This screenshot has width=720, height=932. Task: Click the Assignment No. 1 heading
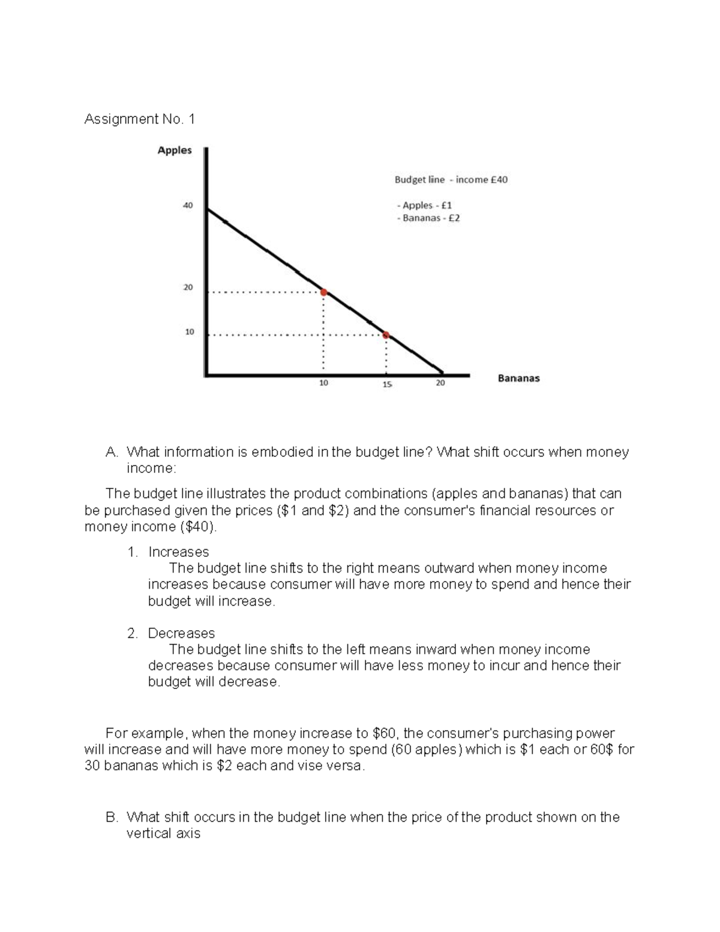pyautogui.click(x=139, y=119)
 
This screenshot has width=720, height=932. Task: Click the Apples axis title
pyautogui.click(x=175, y=151)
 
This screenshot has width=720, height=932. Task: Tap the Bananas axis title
pyautogui.click(x=518, y=379)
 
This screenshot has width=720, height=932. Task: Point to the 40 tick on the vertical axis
pyautogui.click(x=188, y=205)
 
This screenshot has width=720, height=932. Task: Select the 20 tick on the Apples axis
pyautogui.click(x=188, y=287)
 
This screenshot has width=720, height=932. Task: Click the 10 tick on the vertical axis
pyautogui.click(x=189, y=331)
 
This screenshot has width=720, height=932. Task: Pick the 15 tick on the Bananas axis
pyautogui.click(x=387, y=384)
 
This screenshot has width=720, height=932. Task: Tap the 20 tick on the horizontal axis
pyautogui.click(x=440, y=383)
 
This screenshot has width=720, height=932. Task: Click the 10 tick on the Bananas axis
pyautogui.click(x=323, y=383)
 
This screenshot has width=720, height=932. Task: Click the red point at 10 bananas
pyautogui.click(x=323, y=292)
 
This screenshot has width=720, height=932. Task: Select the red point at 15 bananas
pyautogui.click(x=386, y=335)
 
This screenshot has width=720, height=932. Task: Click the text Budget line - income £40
pyautogui.click(x=451, y=179)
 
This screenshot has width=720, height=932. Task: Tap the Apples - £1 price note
pyautogui.click(x=425, y=205)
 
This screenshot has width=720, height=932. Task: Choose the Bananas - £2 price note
pyautogui.click(x=428, y=218)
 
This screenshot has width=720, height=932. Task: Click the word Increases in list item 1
pyautogui.click(x=178, y=552)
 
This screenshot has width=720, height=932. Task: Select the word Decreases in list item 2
pyautogui.click(x=181, y=633)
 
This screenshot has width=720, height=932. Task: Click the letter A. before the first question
pyautogui.click(x=111, y=452)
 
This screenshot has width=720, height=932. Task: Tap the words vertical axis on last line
pyautogui.click(x=163, y=834)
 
